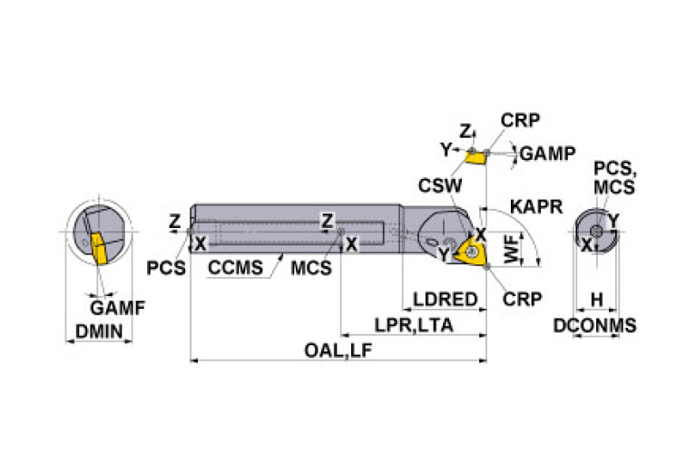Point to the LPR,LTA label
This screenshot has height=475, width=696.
(414, 324)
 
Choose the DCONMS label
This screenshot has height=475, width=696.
(595, 325)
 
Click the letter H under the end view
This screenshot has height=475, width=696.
(596, 300)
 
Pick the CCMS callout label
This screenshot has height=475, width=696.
(235, 268)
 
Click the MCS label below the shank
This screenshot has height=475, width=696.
(311, 268)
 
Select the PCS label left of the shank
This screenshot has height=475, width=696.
(166, 268)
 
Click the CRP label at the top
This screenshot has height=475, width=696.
(519, 120)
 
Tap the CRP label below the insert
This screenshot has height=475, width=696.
(522, 299)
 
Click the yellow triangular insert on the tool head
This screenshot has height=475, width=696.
(472, 252)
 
